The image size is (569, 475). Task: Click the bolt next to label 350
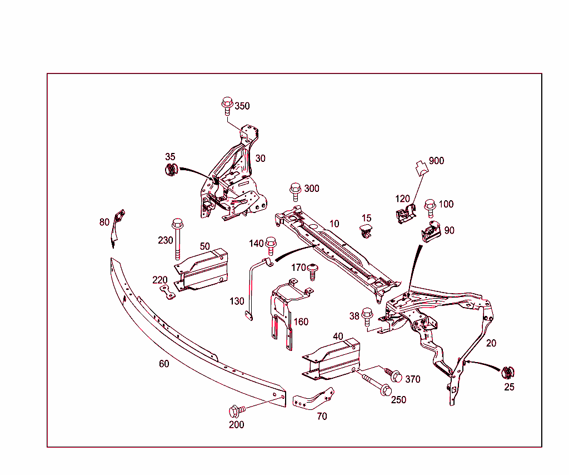click(x=227, y=105)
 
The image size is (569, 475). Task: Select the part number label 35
click(x=170, y=157)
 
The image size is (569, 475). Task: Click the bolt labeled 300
click(x=296, y=191)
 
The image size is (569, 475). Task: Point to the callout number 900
click(x=436, y=161)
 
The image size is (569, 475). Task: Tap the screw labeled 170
click(x=313, y=271)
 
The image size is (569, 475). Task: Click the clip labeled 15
click(x=365, y=231)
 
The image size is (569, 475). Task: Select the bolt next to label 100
click(x=430, y=207)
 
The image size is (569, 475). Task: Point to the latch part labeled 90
click(x=431, y=231)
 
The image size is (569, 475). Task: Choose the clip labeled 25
click(x=508, y=373)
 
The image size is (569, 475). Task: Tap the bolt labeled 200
click(x=236, y=411)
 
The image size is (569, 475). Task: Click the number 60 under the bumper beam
click(x=164, y=364)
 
